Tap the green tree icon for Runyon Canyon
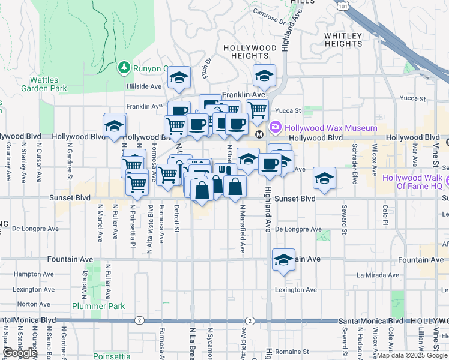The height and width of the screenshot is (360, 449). coord(125,67)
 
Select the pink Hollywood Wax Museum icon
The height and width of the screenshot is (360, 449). coord(276,127)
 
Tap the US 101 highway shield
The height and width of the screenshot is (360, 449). coord(342,6)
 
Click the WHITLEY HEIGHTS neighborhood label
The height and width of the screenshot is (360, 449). coord(343,40)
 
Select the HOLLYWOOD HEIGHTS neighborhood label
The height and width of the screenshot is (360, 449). coord(250,52)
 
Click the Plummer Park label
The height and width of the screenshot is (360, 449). coord(98,306)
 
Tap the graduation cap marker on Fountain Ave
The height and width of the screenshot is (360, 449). coord(283,259)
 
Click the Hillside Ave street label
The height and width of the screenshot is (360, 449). coord(144,86)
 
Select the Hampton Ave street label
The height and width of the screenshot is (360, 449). coord(22,274)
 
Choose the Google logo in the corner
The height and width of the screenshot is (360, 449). coord(19,353)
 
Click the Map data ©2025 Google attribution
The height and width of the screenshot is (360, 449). coord(411,355)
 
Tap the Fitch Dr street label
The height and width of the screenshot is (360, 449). coord(208,71)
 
